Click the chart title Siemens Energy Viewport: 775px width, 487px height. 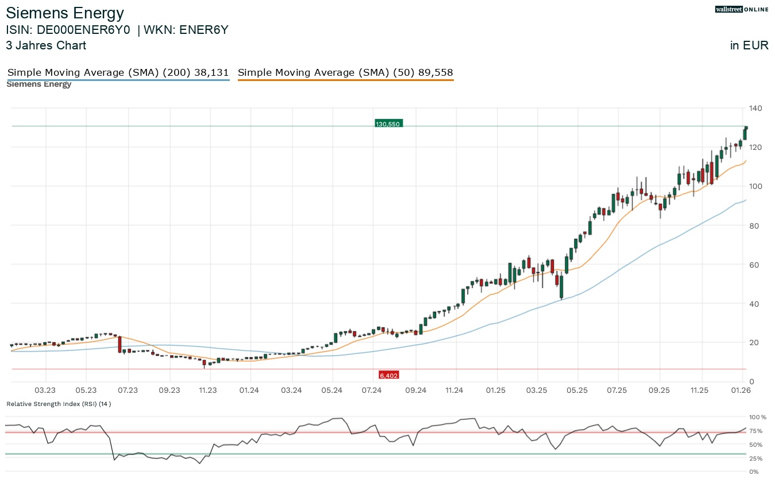(64, 13)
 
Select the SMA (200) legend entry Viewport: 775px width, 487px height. (118, 72)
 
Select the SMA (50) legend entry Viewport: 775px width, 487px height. (345, 72)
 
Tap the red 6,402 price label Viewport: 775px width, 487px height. (388, 375)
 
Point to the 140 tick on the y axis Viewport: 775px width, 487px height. (755, 108)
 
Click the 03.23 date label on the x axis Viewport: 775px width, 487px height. (45, 391)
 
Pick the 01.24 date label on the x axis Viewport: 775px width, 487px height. (249, 391)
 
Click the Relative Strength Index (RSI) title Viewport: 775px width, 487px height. (59, 404)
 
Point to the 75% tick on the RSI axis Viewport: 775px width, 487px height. (756, 431)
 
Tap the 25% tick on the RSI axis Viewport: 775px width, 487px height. (756, 458)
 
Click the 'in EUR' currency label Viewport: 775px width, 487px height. (749, 45)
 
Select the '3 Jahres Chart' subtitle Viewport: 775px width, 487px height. (46, 45)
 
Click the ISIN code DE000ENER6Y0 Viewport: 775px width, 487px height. (68, 30)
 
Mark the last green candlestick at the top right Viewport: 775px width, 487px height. (745, 133)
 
